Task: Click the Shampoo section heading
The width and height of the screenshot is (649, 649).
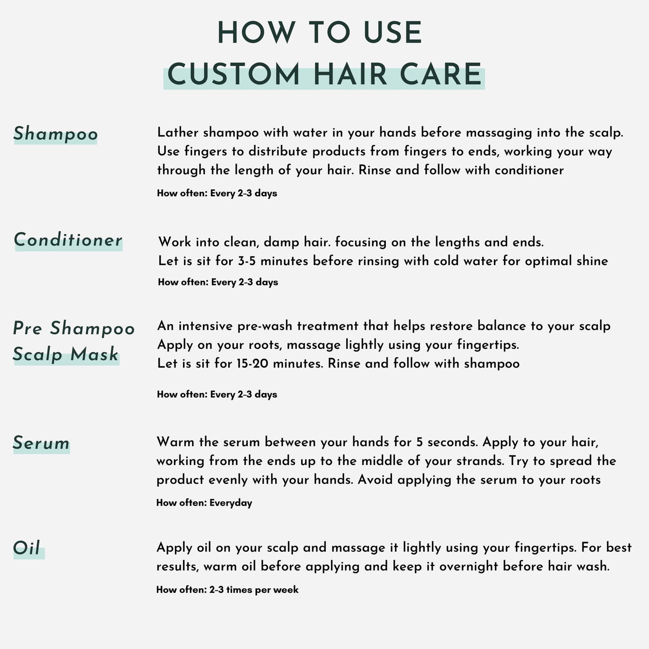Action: click(x=55, y=134)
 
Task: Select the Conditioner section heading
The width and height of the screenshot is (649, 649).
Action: click(x=68, y=240)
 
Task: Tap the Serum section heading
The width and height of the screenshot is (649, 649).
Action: click(x=41, y=443)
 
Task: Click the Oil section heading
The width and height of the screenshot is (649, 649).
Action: click(x=26, y=548)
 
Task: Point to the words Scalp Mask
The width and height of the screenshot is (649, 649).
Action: click(x=65, y=354)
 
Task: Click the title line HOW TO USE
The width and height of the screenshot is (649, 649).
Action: click(x=319, y=33)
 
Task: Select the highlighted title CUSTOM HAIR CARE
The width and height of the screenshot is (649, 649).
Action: click(x=324, y=75)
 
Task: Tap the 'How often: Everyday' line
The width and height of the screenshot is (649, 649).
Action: click(x=204, y=503)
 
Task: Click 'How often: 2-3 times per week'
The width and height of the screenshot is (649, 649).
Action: click(x=227, y=590)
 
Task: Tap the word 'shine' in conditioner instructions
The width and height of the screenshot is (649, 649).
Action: click(x=592, y=261)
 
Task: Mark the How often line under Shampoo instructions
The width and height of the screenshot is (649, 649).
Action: click(x=217, y=193)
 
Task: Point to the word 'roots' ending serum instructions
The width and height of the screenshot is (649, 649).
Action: click(x=584, y=480)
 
